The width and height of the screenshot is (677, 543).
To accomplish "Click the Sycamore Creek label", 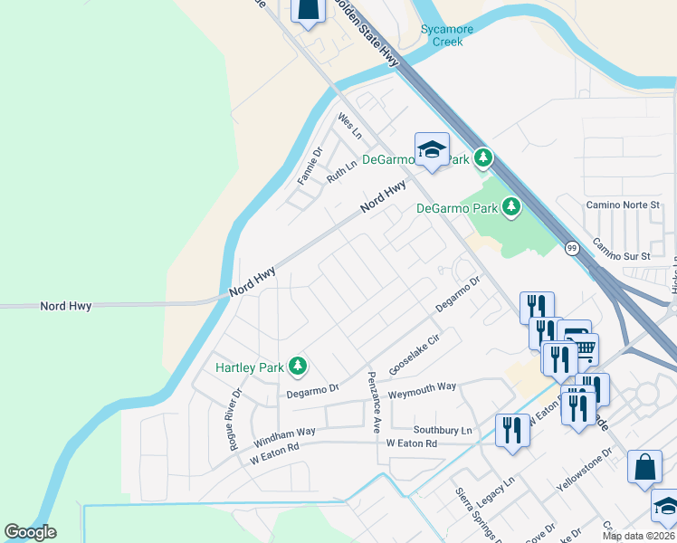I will click(x=447, y=35).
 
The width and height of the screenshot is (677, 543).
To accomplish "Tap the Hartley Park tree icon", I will click(x=297, y=367).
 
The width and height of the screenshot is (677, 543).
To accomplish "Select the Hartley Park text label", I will click(x=249, y=367).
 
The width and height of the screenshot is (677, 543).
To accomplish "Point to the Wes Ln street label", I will click(x=349, y=126).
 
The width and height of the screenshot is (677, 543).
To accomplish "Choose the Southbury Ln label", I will click(x=443, y=430).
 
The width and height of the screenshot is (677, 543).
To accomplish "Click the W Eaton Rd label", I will click(x=411, y=443).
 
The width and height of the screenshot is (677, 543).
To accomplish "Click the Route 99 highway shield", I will click(x=572, y=248).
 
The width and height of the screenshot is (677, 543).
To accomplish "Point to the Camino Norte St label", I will click(x=622, y=205).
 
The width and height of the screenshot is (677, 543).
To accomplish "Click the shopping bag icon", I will click(x=645, y=468).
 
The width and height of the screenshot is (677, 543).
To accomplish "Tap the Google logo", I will click(x=31, y=532).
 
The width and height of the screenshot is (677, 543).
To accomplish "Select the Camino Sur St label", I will click(x=621, y=250).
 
